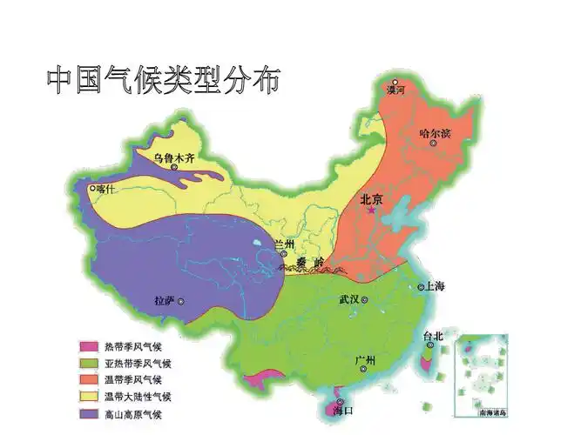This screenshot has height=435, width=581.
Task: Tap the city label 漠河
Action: (395, 90)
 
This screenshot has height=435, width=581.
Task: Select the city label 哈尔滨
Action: (436, 134)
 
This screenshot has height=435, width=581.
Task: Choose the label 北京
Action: (372, 199)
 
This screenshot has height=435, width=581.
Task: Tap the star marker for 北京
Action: (372, 211)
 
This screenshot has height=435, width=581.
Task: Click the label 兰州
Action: (284, 244)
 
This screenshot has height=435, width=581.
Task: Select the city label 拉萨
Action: (164, 301)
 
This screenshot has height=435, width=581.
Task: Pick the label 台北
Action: (433, 336)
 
